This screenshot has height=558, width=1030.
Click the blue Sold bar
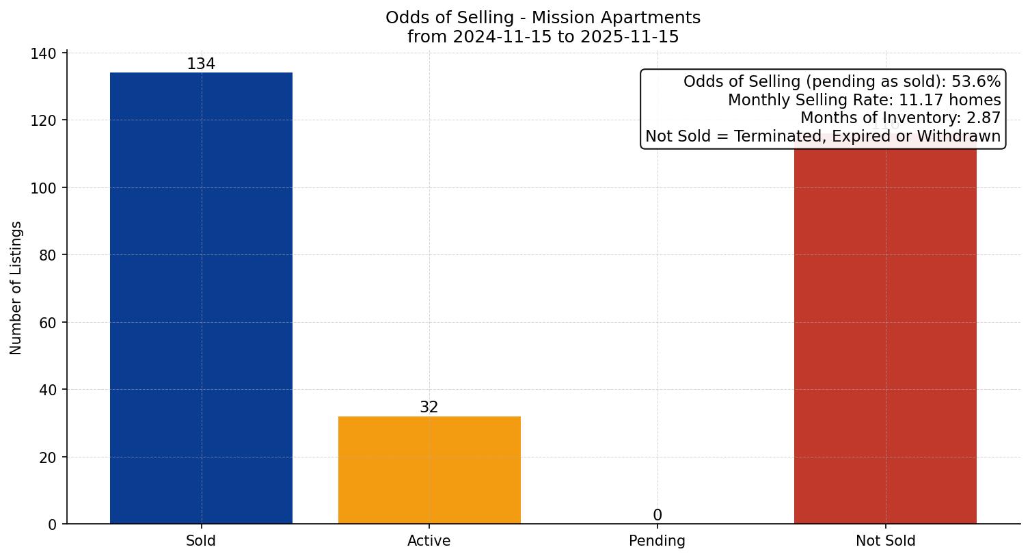(x=201, y=298)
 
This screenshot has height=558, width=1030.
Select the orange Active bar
(x=429, y=470)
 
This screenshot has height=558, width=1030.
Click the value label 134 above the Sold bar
(x=201, y=64)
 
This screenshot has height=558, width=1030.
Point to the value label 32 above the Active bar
(x=429, y=408)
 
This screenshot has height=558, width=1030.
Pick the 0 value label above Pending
(x=657, y=516)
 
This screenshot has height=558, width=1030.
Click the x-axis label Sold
(x=201, y=541)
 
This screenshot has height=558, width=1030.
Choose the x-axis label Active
(x=429, y=541)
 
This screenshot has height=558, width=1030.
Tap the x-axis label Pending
(x=657, y=541)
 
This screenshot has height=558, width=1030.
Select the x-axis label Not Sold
(x=885, y=541)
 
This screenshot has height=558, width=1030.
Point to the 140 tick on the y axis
(x=43, y=53)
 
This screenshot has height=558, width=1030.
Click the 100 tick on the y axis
(x=43, y=188)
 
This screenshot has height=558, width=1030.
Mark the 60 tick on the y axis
(x=47, y=323)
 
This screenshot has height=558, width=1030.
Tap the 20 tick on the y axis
(x=47, y=457)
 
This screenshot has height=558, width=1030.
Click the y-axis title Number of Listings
(x=16, y=288)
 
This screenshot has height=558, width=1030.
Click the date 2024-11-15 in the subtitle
(x=503, y=37)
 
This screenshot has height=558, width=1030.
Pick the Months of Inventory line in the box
(x=900, y=118)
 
